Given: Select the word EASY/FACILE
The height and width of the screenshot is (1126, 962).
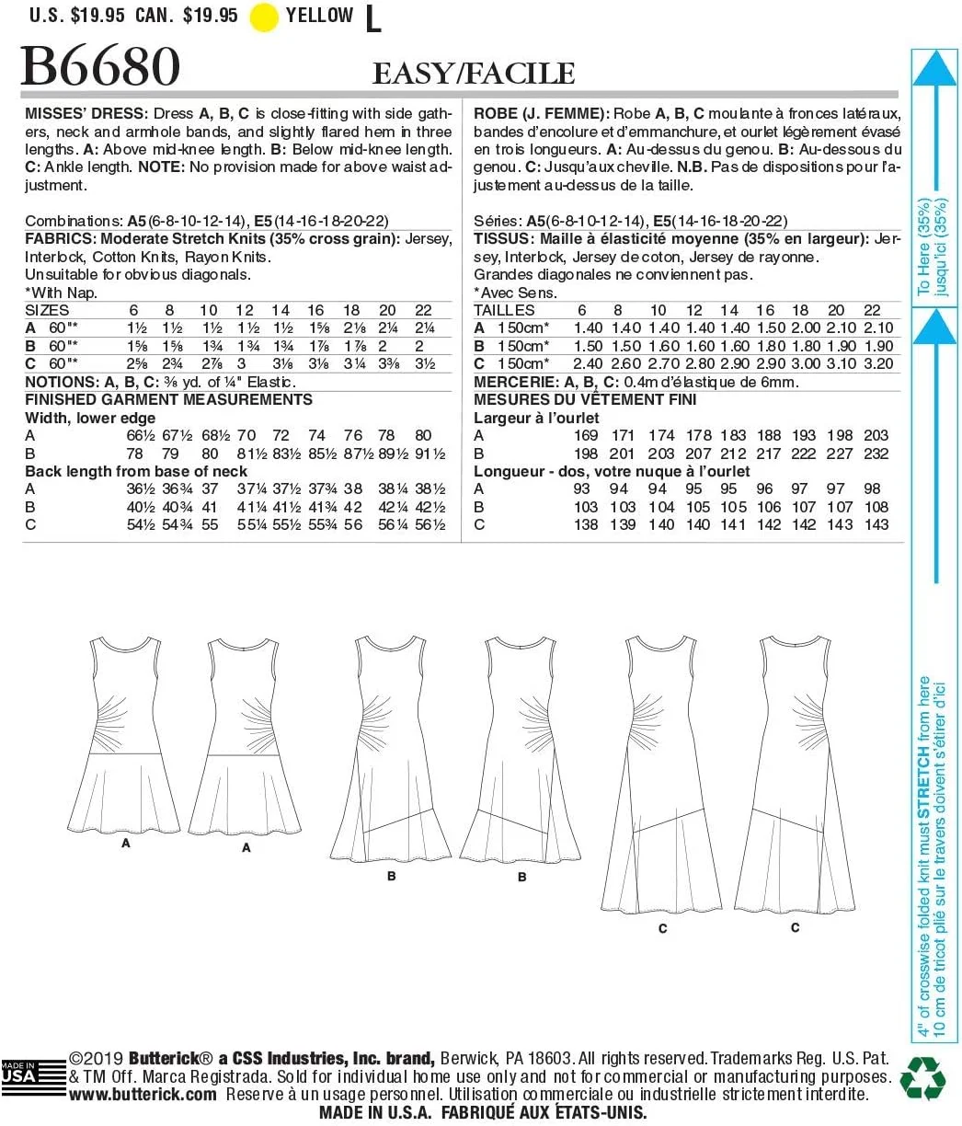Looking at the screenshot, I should coord(474,74).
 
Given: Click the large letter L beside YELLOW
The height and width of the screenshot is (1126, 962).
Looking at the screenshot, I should coord(372,19).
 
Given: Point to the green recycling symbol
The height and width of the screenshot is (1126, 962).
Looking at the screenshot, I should coord(922,1077).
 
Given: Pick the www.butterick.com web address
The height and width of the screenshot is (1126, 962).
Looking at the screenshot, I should coord(143,1095).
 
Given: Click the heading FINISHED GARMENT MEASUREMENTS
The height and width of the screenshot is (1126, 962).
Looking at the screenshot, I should coord(168,399).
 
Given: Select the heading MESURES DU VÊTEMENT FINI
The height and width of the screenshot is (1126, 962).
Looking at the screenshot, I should coord(585,399).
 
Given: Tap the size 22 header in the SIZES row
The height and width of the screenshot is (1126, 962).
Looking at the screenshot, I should coord(422,310).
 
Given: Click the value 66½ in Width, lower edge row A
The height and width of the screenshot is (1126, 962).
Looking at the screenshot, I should coord(139,435).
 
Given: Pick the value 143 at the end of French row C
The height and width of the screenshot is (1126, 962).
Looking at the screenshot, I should coord(876,524).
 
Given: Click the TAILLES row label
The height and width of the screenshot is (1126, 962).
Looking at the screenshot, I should coord(504,310).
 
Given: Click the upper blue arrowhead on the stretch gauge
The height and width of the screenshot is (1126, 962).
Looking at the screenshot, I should coord(935,71).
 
